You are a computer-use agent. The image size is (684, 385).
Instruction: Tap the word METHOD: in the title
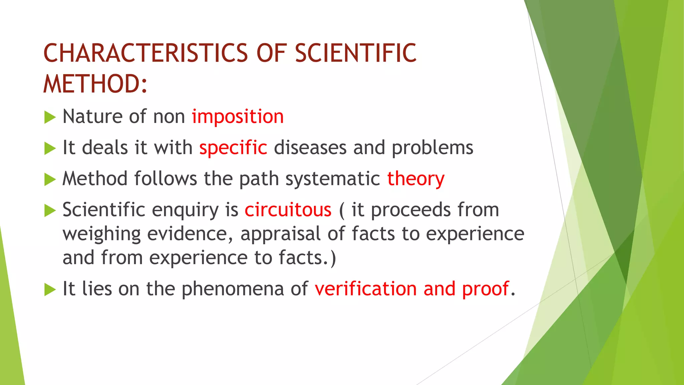coord(96,84)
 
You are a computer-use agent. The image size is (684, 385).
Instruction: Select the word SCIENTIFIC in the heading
coord(356,53)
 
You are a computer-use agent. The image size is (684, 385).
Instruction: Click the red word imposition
coord(237,117)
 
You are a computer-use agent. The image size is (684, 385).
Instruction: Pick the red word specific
coord(233,148)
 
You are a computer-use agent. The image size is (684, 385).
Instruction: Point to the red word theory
coord(416,179)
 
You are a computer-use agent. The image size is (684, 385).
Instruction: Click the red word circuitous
coord(288,210)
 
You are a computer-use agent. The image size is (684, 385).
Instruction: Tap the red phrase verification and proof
coord(412,289)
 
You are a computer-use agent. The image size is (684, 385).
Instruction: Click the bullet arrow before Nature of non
coord(50,118)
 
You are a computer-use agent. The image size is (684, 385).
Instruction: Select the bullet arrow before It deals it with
coord(50,149)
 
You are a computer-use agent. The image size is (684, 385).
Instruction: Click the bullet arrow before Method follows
coord(50,180)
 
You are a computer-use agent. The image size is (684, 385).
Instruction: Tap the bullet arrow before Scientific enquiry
coord(50,211)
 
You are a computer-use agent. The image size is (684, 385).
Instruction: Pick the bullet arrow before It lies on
coord(50,290)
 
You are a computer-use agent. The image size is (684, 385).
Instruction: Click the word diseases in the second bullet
coord(310,148)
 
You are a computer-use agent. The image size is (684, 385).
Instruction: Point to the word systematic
coord(333,179)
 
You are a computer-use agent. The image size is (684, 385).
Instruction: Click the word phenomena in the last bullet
coord(232,289)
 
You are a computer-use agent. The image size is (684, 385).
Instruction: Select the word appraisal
coord(280,234)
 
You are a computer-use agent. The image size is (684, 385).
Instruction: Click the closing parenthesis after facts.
coord(333,258)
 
